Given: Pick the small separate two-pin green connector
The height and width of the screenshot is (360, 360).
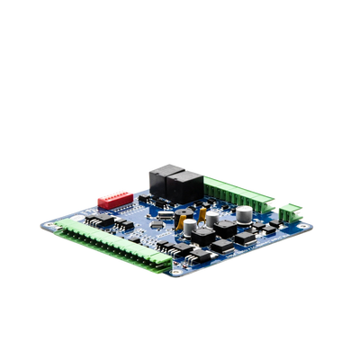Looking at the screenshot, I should coord(289,213).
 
